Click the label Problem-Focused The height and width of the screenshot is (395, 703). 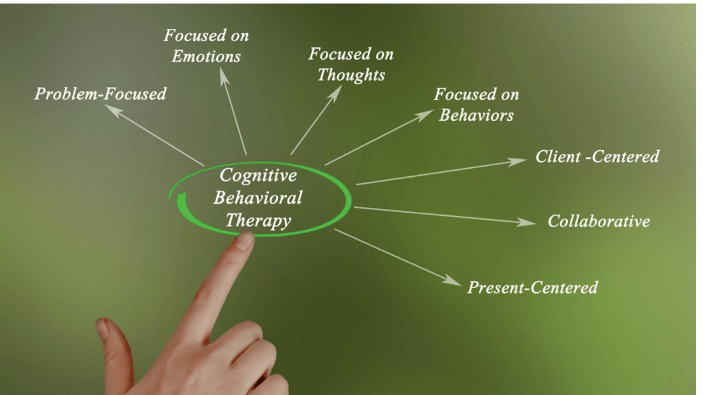pyautogui.click(x=100, y=93)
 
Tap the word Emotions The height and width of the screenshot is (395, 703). pyautogui.click(x=206, y=56)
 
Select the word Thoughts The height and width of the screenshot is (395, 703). pyautogui.click(x=351, y=74)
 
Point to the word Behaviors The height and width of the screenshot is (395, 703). pyautogui.click(x=476, y=115)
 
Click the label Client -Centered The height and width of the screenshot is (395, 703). pyautogui.click(x=597, y=156)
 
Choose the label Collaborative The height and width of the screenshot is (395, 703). pyautogui.click(x=599, y=221)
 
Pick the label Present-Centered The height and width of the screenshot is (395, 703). pyautogui.click(x=532, y=287)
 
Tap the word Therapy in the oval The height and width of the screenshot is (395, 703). pyautogui.click(x=258, y=220)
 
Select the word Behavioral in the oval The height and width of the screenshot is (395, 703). pyautogui.click(x=257, y=197)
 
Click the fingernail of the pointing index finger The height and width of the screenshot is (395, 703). pyautogui.click(x=244, y=240)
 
